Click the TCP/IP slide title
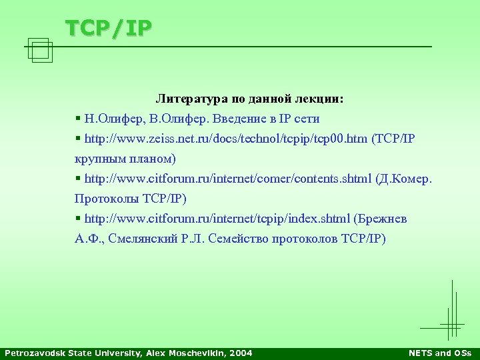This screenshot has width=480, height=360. click(x=109, y=27)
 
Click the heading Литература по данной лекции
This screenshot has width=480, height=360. click(x=250, y=99)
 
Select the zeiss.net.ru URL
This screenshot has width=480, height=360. click(x=226, y=139)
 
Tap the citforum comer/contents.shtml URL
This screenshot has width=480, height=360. click(x=229, y=179)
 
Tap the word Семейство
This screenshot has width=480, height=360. click(x=237, y=239)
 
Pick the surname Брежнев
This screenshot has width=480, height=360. click(x=383, y=219)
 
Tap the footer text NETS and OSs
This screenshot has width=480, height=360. click(x=439, y=353)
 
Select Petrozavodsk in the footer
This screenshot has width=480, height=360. click(x=33, y=353)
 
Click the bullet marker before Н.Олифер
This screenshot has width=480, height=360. click(x=78, y=119)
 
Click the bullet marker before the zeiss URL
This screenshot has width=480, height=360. click(x=78, y=139)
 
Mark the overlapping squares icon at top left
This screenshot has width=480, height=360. click(x=41, y=50)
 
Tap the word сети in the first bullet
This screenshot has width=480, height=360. click(x=307, y=119)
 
